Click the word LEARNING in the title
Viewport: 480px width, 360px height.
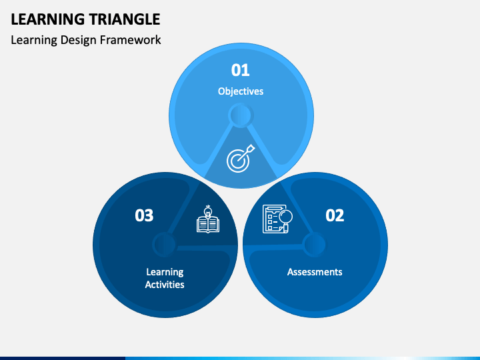(48, 19)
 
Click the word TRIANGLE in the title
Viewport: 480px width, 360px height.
(125, 19)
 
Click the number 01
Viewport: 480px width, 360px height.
(240, 70)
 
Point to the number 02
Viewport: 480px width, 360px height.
(335, 215)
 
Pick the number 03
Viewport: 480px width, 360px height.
(144, 215)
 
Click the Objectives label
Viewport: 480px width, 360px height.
(241, 91)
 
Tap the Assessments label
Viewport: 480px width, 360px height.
(315, 272)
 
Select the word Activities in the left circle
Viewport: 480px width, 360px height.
(165, 285)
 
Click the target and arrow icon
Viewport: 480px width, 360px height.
(241, 158)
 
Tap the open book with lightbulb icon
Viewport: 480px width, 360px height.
(208, 219)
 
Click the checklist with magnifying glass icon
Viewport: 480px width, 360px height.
(277, 219)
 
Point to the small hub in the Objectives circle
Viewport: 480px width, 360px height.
(241, 115)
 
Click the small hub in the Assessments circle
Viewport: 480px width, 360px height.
(315, 245)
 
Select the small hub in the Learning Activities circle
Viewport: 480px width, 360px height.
(165, 245)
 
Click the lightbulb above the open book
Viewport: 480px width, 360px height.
(208, 211)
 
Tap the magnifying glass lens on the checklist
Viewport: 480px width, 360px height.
(285, 217)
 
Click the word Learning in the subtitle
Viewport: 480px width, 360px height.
(34, 41)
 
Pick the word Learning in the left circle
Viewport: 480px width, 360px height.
(165, 272)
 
